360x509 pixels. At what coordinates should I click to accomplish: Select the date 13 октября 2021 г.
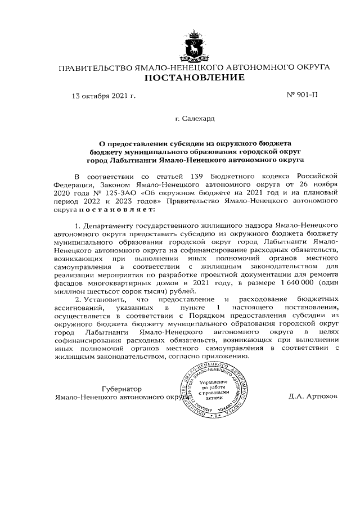click(x=103, y=96)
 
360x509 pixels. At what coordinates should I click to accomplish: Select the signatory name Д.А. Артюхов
click(x=312, y=396)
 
